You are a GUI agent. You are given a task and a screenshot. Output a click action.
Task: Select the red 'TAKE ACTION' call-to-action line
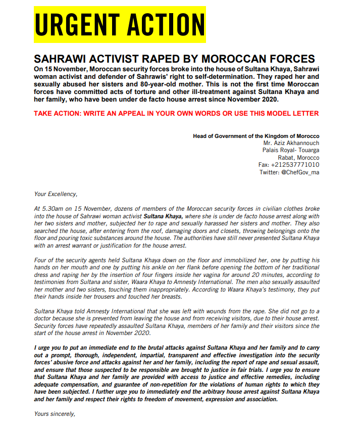[x=176, y=113]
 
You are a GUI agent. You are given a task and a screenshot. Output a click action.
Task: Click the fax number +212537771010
[x=295, y=165]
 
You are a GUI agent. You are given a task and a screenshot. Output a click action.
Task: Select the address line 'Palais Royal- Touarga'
[x=291, y=151]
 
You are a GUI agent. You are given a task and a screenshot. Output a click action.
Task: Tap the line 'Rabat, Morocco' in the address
[x=298, y=158]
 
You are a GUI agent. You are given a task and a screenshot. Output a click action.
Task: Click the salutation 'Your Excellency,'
[x=56, y=194]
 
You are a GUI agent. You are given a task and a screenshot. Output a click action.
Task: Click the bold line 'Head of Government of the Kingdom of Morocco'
[x=256, y=136]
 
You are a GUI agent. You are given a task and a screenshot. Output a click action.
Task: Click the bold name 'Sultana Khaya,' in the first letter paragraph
[x=162, y=216]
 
